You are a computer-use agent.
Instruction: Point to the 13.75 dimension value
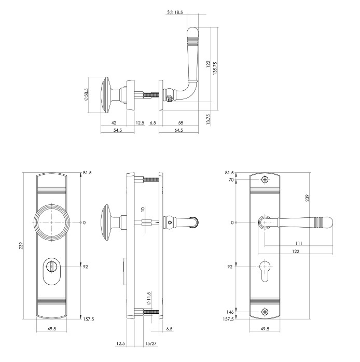click(x=208, y=119)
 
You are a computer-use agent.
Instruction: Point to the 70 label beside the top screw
click(x=231, y=179)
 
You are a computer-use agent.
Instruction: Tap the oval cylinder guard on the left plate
click(x=52, y=270)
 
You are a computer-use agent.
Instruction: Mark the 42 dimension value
click(x=114, y=123)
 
